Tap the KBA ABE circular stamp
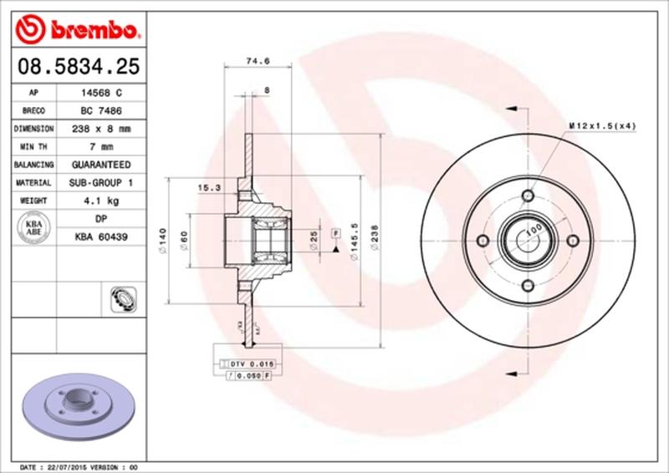[x=34, y=227]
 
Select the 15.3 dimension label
[x=209, y=188]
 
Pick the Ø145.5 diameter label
[x=356, y=244]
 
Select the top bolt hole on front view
[x=527, y=196]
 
